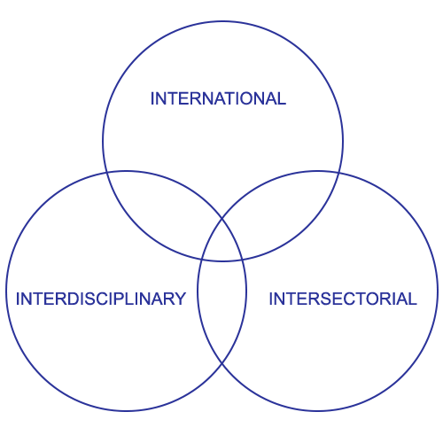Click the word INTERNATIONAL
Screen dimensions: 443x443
218,98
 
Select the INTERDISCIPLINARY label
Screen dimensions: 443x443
101,299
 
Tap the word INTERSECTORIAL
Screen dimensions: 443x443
343,299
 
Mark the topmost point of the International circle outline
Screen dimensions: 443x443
223,21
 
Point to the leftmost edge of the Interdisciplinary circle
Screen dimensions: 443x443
6,291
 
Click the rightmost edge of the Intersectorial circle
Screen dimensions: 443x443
438,291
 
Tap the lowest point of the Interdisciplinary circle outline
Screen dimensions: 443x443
126,410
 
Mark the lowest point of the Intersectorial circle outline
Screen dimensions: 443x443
318,410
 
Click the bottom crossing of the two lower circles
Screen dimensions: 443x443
221,363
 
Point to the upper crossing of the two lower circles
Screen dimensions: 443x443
222,219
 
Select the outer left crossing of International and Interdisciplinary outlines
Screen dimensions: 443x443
106,172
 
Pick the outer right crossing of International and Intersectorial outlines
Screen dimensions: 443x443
338,172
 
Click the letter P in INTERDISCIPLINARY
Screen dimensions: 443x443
119,299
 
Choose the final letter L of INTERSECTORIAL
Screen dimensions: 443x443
412,299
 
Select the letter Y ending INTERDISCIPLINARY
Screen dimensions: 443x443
180,299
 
